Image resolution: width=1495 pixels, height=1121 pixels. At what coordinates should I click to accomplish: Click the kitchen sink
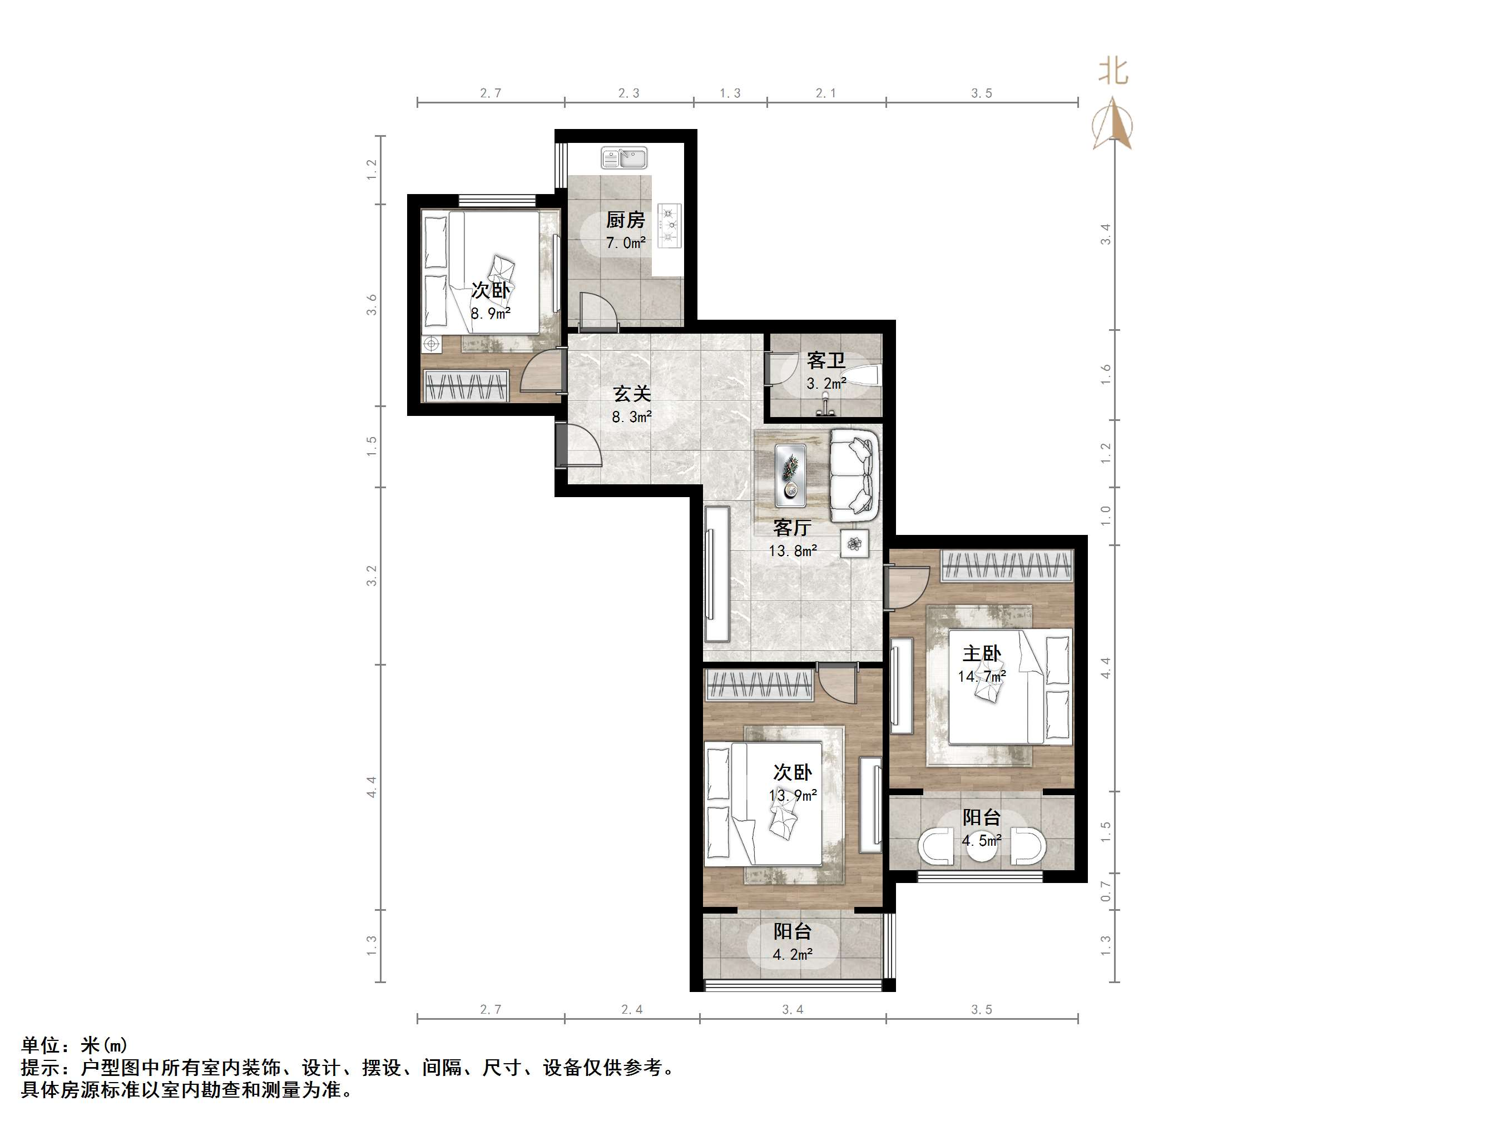(624, 158)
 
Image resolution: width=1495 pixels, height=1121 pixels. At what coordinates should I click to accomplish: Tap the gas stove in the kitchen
(670, 226)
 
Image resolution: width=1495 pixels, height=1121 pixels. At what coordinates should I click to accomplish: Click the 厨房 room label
(625, 220)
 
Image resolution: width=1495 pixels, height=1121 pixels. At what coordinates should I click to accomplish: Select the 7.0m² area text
(625, 242)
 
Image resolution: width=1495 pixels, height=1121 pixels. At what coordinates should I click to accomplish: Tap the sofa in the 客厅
(854, 475)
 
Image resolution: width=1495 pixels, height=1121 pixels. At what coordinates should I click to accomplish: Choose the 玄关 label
(632, 393)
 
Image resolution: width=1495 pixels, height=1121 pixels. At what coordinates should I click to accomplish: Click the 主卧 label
(981, 653)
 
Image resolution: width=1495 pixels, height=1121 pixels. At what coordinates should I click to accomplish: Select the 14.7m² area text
(981, 676)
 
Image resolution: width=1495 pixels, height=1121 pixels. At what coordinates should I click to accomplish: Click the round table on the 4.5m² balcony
(981, 848)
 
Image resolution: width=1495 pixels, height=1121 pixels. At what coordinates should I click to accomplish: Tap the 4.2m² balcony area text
(792, 954)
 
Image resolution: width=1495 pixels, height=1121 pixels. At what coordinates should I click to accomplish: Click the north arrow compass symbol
(1113, 125)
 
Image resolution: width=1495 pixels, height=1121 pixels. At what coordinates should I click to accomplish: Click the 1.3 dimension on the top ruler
(730, 93)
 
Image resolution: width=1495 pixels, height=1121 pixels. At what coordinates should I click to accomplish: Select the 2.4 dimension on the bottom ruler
(632, 1009)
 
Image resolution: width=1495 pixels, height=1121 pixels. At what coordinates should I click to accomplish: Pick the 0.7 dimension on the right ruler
(1106, 891)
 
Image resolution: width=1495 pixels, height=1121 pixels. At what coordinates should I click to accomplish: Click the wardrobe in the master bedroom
(1007, 566)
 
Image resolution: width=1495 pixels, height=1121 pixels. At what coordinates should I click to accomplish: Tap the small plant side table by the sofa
(855, 544)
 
